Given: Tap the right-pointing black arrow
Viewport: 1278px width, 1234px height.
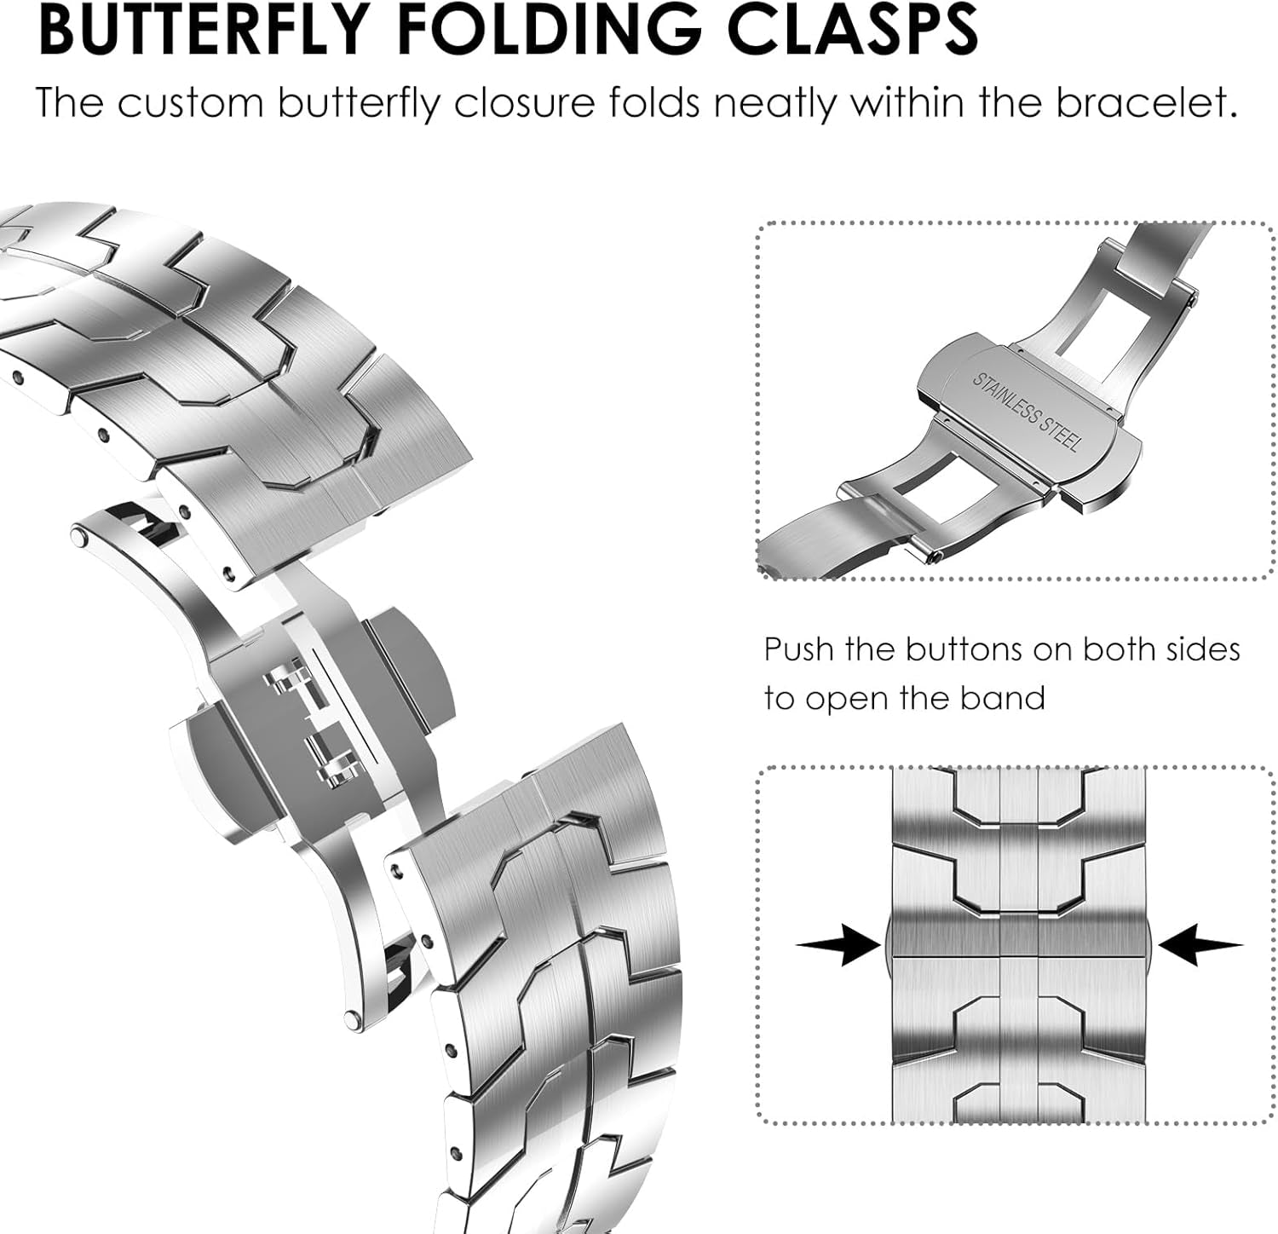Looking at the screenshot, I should [x=838, y=945].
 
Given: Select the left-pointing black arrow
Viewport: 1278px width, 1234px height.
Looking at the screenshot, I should [x=1200, y=945].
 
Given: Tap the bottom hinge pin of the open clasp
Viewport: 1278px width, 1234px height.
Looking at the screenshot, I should [x=351, y=1018].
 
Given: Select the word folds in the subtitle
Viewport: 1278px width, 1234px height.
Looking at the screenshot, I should [x=653, y=103].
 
